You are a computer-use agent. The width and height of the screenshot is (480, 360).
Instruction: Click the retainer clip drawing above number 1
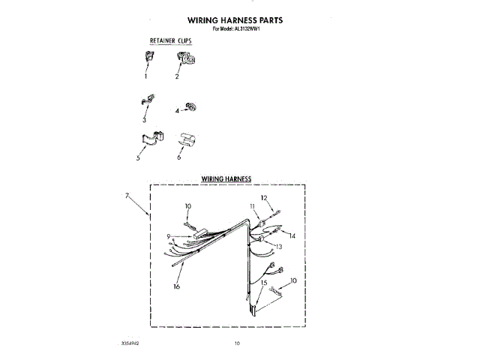click(147, 58)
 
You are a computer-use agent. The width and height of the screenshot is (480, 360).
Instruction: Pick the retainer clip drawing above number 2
click(182, 58)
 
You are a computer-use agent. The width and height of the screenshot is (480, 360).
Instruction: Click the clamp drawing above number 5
click(148, 139)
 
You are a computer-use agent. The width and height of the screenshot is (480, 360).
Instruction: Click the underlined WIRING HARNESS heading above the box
click(226, 179)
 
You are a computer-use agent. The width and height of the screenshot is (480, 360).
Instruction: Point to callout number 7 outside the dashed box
click(127, 196)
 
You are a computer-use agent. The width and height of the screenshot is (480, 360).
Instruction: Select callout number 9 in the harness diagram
click(169, 237)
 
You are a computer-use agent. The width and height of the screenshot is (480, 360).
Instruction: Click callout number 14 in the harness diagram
click(293, 235)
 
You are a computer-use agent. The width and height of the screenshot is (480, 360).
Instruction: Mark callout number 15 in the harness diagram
click(265, 282)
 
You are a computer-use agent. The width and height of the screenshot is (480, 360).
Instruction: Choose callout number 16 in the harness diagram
click(177, 286)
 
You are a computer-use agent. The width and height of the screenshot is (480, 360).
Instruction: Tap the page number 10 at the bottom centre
click(236, 343)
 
